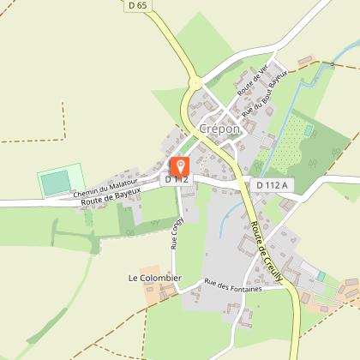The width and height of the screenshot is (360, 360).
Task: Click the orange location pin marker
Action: [181, 166]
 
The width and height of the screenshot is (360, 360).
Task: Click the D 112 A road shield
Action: [273, 184]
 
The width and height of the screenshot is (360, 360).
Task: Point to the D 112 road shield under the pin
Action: [177, 179]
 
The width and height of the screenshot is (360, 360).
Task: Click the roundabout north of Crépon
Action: [195, 83]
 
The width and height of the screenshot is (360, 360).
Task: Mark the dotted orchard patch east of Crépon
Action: [296, 136]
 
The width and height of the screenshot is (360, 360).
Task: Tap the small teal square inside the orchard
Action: [308, 130]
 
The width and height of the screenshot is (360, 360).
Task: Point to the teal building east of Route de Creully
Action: [321, 277]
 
